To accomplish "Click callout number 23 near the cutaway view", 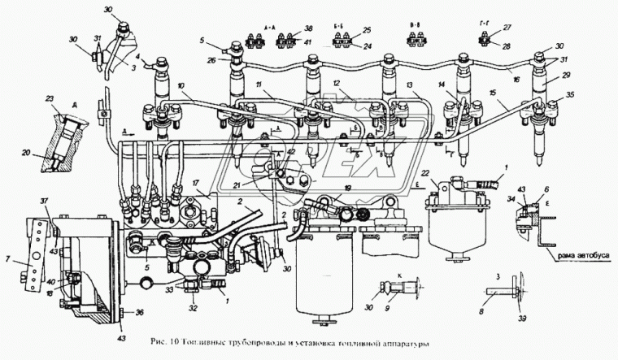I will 50,99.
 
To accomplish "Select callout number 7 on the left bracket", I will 7,260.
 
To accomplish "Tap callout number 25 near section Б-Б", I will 368,29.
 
